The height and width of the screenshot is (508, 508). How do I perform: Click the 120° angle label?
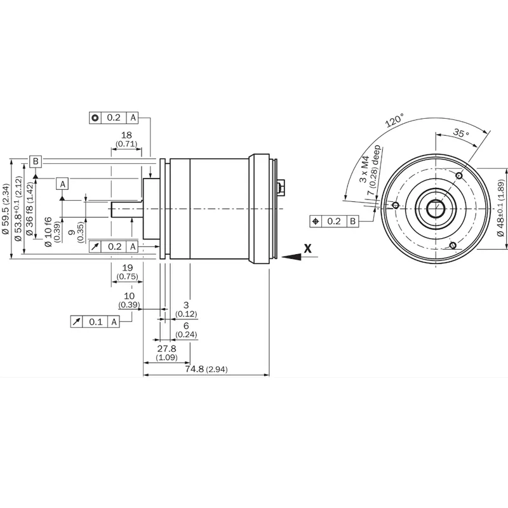click(x=394, y=120)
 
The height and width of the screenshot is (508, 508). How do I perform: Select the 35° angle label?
click(x=461, y=133)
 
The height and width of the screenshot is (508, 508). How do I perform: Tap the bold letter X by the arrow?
click(x=307, y=248)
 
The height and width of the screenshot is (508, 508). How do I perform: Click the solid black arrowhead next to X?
click(x=291, y=257)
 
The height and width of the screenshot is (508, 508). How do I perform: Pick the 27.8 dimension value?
click(x=167, y=349)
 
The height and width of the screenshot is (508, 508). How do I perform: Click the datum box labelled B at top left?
click(x=36, y=161)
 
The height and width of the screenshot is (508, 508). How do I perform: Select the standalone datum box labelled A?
click(x=62, y=184)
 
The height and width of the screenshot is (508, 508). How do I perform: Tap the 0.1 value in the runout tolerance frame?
click(x=96, y=322)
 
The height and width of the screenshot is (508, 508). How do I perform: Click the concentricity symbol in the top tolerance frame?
click(x=95, y=117)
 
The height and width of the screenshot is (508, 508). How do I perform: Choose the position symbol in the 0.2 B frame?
click(x=316, y=221)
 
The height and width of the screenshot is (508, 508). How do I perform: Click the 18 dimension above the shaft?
click(x=126, y=135)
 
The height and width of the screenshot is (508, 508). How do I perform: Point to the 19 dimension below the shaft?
click(x=128, y=267)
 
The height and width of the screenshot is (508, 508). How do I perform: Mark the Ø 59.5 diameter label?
click(x=6, y=209)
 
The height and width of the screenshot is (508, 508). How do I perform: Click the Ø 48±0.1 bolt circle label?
click(x=501, y=210)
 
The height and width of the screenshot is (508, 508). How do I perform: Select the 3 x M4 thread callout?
click(x=364, y=169)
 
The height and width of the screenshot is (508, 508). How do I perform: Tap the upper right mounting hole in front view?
click(x=459, y=176)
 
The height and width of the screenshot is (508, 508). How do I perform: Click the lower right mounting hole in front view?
click(x=453, y=245)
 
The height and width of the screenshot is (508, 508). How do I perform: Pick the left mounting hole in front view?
click(x=395, y=205)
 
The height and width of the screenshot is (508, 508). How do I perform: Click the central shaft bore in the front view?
click(x=436, y=209)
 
